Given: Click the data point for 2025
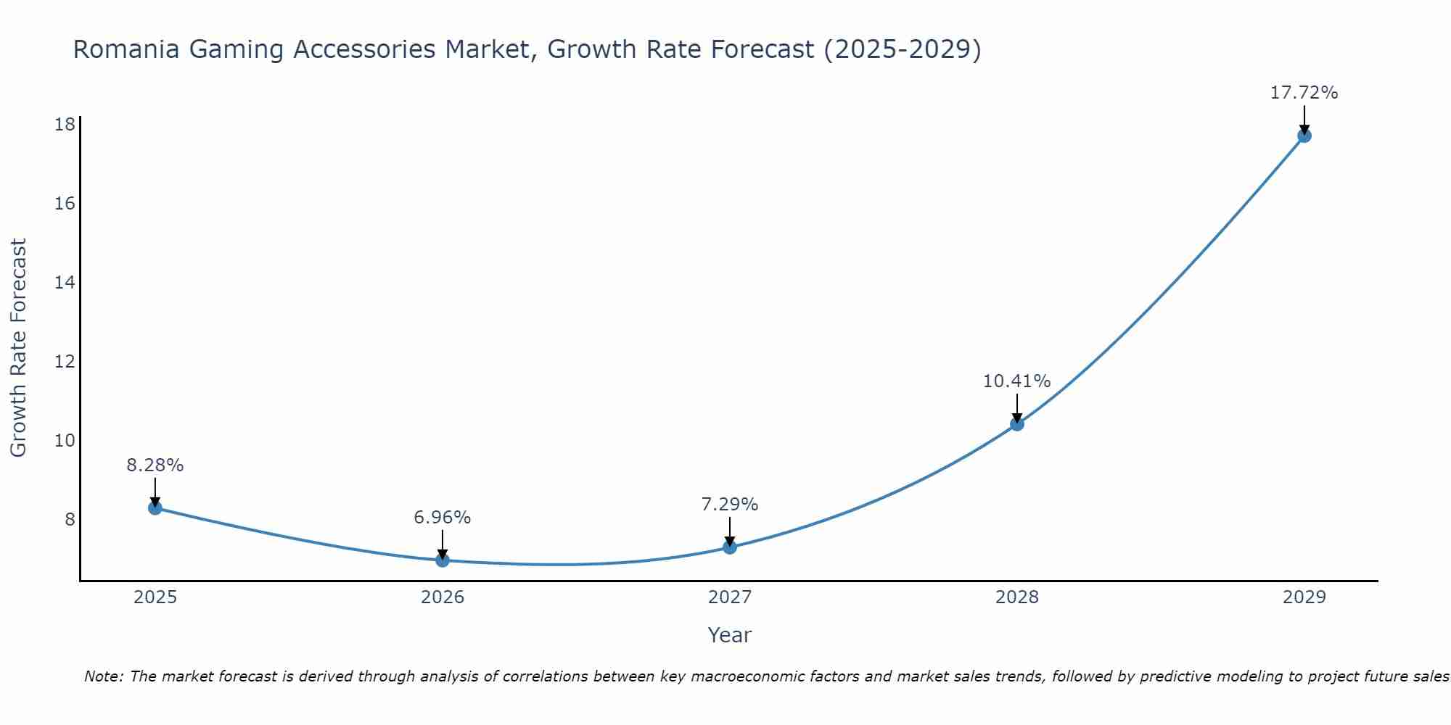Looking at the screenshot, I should point(155,507).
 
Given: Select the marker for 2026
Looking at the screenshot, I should point(443,560).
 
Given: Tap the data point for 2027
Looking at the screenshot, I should point(730,547).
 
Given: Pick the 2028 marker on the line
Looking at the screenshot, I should point(1017,423).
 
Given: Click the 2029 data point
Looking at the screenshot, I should point(1304,136).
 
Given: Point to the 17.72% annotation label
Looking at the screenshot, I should point(1304,93).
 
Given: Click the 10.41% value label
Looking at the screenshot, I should point(1016,381).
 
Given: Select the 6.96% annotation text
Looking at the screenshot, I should point(442,518).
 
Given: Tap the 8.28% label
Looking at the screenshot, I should point(155,465).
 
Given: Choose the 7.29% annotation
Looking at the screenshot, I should point(729,505).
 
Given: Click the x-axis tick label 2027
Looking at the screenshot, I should point(730,597).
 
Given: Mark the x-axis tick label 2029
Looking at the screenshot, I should point(1304,597).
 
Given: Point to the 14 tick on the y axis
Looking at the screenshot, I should point(65,283).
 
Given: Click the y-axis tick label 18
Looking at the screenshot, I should point(65,125).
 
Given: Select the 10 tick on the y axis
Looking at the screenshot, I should point(65,441).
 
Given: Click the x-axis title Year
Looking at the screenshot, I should point(729,635).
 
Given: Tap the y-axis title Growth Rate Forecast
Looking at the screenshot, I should point(19,348).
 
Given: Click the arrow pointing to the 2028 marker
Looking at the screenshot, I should point(1017,407).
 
